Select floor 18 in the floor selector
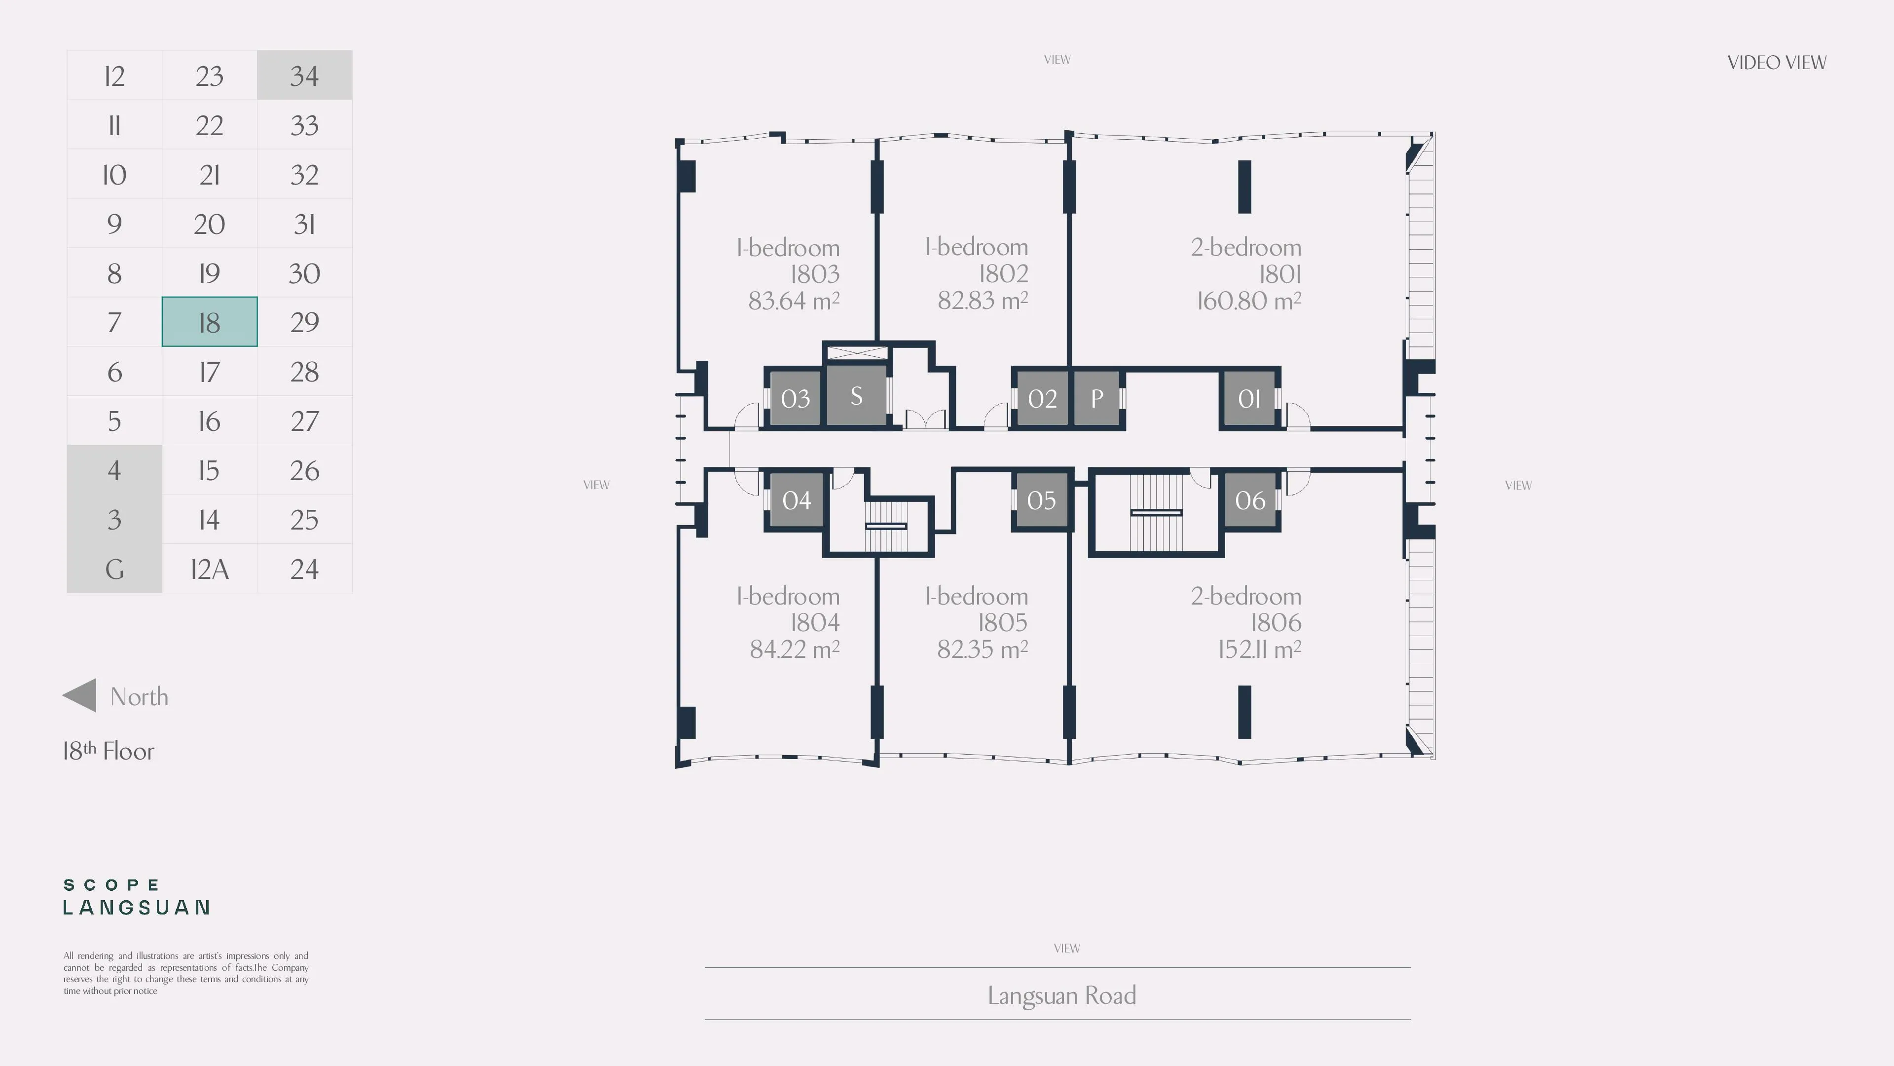210,321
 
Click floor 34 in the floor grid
304,75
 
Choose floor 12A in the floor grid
210,569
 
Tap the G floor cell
114,569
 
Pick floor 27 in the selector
304,421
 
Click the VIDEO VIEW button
1776,63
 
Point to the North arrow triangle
79,695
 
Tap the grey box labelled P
1096,398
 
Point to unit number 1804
815,622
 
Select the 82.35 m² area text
983,649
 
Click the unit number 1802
1003,274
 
